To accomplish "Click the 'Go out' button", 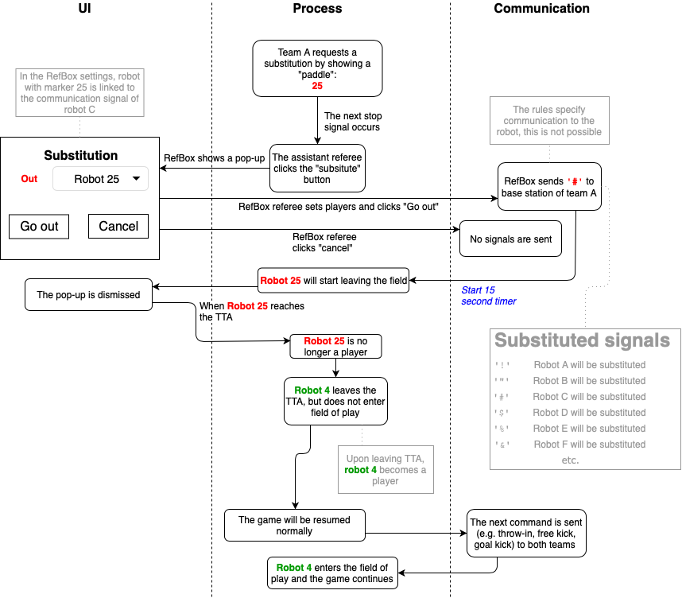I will (39, 227).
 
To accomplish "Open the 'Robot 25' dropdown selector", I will (100, 179).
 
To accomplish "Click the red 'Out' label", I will (29, 179).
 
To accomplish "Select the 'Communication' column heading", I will (541, 9).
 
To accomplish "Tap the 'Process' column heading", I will (317, 9).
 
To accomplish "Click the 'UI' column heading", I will (90, 9).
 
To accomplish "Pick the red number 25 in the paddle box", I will (317, 85).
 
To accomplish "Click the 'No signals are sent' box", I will (510, 239).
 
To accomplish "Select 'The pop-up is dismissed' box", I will (88, 295).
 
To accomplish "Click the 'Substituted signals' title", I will (582, 341).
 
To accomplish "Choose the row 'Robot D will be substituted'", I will (587, 413).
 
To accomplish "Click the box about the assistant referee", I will (317, 168).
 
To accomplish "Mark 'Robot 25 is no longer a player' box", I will (335, 346).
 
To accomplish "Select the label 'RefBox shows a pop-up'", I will (214, 157).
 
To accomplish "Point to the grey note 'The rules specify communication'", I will (550, 121).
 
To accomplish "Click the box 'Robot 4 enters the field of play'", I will (332, 573).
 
